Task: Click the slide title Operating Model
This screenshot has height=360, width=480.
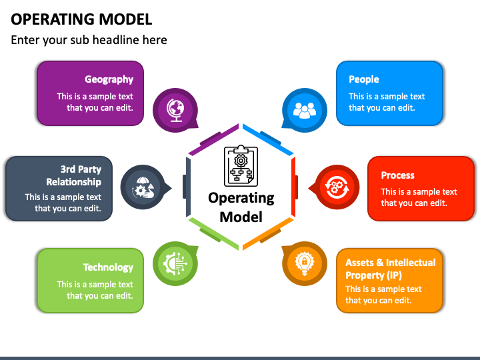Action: (x=81, y=19)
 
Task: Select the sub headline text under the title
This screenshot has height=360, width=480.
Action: (x=89, y=40)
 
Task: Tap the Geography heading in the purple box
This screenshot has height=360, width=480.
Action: (x=109, y=79)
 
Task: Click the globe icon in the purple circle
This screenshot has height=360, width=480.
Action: (x=176, y=109)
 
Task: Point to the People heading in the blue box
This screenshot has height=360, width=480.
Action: (x=364, y=79)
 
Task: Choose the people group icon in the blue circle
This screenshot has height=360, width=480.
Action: (x=305, y=109)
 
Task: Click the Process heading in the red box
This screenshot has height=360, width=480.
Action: (x=398, y=175)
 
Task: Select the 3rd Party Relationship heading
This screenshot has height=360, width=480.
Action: (x=73, y=175)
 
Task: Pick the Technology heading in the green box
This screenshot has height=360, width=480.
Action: (x=108, y=267)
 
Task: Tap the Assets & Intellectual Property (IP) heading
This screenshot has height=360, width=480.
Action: (x=391, y=269)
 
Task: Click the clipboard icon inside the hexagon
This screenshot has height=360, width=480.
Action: (x=241, y=165)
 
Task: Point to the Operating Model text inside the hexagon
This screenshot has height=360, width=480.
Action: (x=241, y=207)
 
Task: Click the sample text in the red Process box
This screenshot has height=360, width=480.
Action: (x=419, y=197)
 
